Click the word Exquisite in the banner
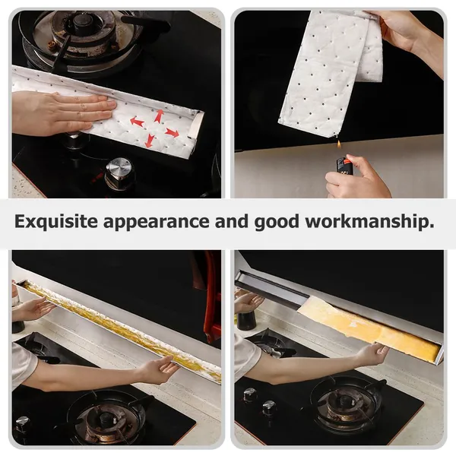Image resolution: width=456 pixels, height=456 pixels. [x=56, y=222]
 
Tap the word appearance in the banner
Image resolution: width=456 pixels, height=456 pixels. [x=156, y=223]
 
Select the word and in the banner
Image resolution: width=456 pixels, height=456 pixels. [x=232, y=221]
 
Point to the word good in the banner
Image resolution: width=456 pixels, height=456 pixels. [x=277, y=223]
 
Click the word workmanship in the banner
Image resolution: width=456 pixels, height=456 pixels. [x=369, y=222]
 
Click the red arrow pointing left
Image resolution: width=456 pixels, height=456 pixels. [x=137, y=122]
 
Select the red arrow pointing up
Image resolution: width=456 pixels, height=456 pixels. [x=159, y=116]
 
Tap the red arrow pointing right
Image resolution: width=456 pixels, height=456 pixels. [x=172, y=133]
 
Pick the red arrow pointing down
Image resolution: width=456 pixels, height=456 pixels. [x=150, y=141]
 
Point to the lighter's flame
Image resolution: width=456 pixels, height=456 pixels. [x=339, y=144]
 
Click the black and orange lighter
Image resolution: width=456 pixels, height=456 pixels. [x=344, y=166]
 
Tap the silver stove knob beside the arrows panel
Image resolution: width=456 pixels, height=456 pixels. [x=119, y=174]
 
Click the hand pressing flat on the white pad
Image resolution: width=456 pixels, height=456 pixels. [x=63, y=113]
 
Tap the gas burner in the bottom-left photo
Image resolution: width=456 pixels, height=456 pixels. [x=107, y=417]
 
